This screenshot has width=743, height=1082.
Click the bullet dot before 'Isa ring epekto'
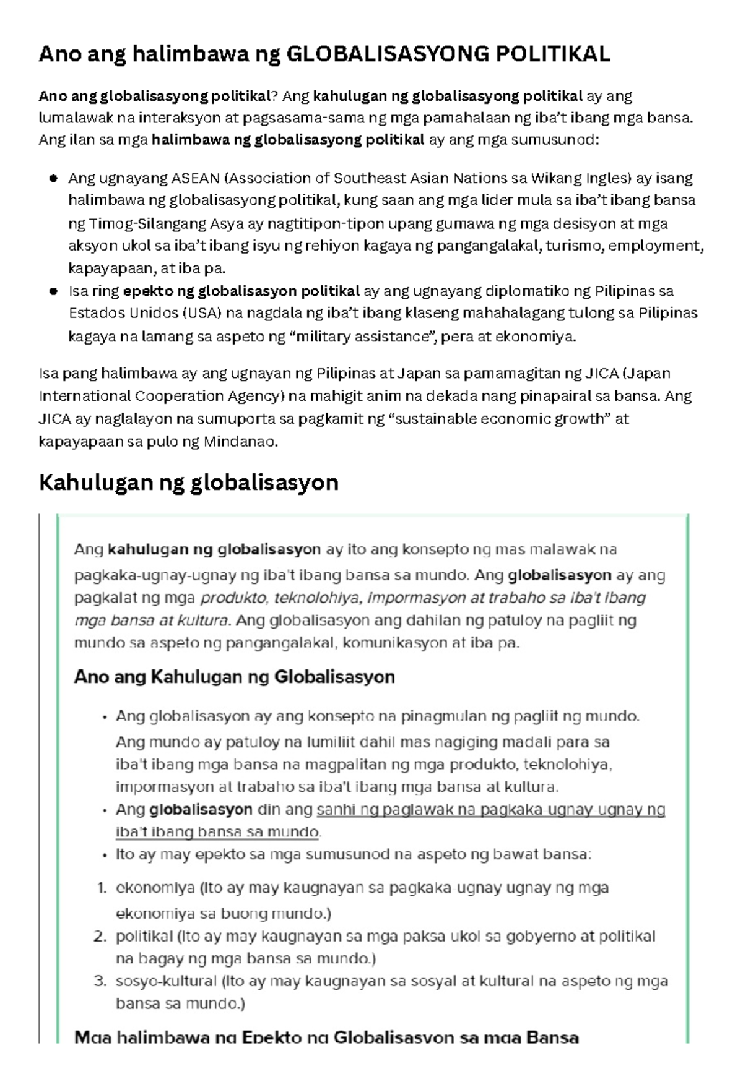coord(53,291)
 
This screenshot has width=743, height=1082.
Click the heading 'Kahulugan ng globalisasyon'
coord(188,483)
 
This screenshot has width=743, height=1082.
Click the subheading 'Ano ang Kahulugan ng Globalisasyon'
coord(234,677)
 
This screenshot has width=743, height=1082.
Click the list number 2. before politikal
coord(101,937)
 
